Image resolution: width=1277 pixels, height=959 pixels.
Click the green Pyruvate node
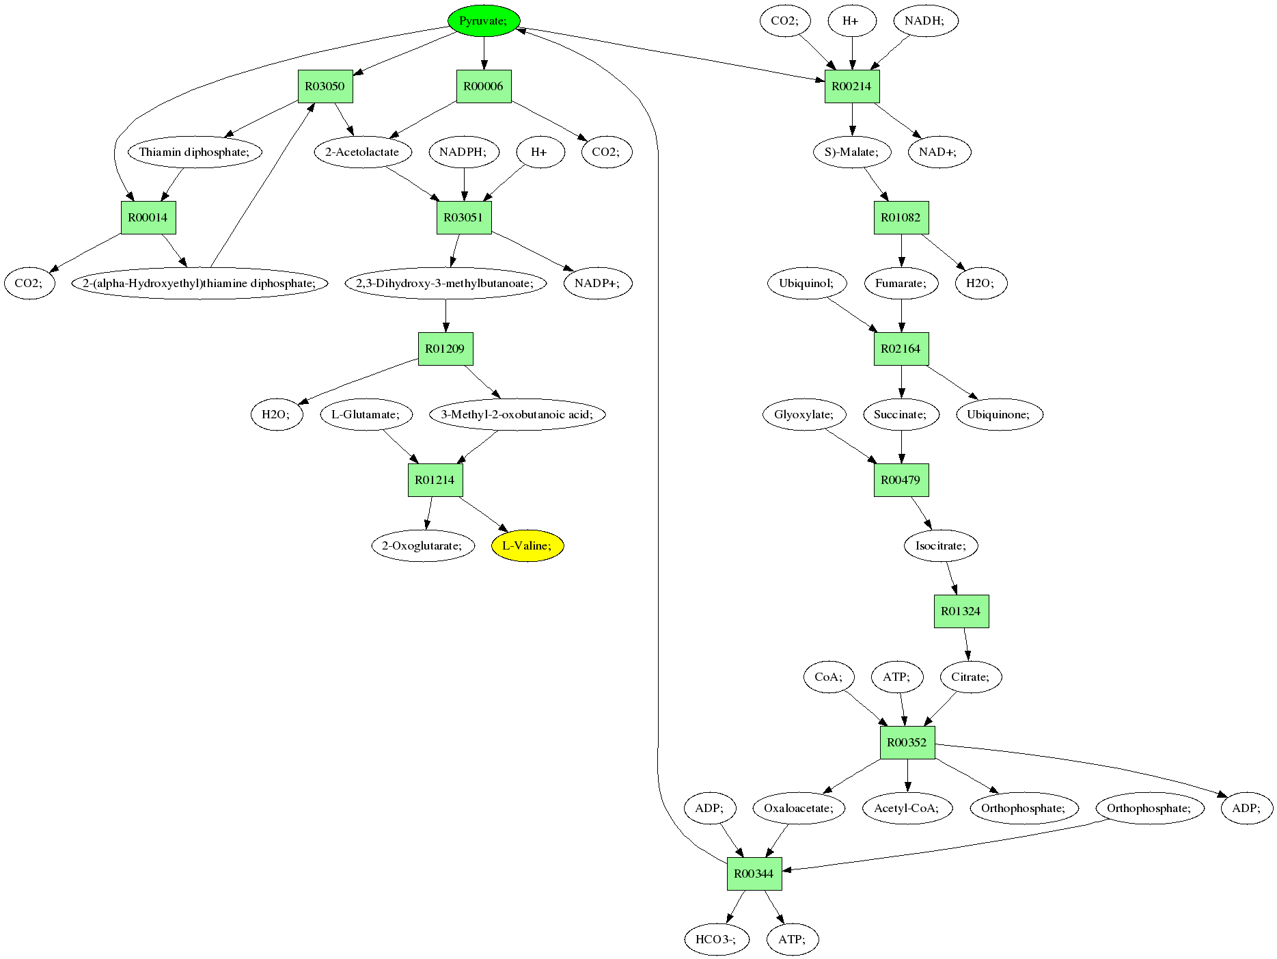pos(484,21)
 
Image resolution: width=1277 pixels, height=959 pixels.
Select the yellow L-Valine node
pos(527,545)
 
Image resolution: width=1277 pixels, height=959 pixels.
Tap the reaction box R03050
pos(325,86)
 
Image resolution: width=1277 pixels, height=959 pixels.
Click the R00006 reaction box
pos(484,86)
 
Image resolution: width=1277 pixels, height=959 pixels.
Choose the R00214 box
pos(852,86)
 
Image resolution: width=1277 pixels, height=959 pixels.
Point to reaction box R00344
pos(754,874)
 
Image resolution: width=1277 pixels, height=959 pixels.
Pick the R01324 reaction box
pos(961,611)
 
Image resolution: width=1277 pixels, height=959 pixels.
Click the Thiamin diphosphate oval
pos(195,152)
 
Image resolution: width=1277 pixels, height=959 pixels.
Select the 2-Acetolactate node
pos(363,152)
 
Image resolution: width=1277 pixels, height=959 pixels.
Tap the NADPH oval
pos(464,152)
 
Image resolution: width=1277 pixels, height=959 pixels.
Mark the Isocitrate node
pos(942,545)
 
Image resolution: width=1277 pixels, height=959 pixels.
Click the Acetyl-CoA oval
pos(907,808)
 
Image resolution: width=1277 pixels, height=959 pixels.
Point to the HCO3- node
pos(717,939)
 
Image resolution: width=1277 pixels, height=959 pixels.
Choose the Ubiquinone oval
pos(999,414)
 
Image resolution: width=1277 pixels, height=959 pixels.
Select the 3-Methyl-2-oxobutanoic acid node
pos(517,414)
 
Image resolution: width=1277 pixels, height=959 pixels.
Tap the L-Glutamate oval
pos(367,414)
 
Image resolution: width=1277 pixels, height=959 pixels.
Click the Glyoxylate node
pos(804,414)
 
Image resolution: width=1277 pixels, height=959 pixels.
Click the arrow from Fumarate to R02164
pos(901,316)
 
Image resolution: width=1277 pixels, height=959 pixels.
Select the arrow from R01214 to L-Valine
pos(483,515)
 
